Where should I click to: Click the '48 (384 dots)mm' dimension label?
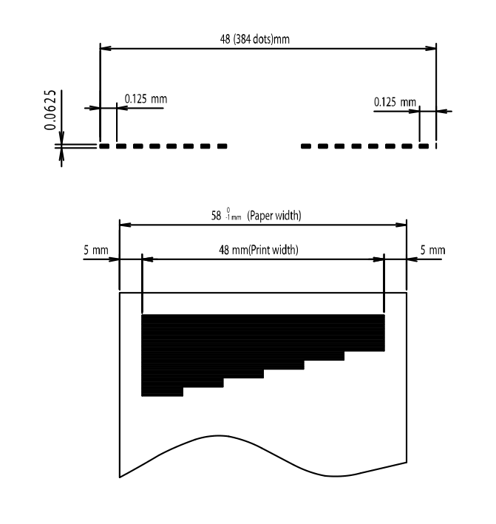pos(255,39)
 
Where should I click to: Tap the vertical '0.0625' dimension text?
pos(50,110)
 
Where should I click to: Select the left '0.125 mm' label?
pos(146,99)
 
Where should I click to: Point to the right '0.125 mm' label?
pos(395,102)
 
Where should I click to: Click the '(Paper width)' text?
pos(274,216)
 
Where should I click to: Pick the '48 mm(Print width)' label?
pos(259,250)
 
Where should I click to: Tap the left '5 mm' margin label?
pos(96,250)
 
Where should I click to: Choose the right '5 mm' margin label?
pos(433,250)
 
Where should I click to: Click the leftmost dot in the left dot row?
pos(105,146)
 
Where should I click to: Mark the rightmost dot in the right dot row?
pos(424,146)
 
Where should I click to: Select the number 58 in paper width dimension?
pos(217,216)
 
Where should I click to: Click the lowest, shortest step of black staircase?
pos(163,392)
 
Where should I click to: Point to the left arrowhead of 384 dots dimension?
pos(106,49)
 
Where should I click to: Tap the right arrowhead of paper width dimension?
pos(401,225)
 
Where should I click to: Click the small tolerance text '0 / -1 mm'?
pos(234,214)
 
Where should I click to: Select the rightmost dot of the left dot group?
pos(222,146)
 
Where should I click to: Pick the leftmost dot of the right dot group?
pos(306,146)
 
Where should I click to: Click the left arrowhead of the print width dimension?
pos(148,259)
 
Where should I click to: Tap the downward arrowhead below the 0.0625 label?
pos(61,137)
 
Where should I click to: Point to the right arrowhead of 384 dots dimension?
pos(430,49)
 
